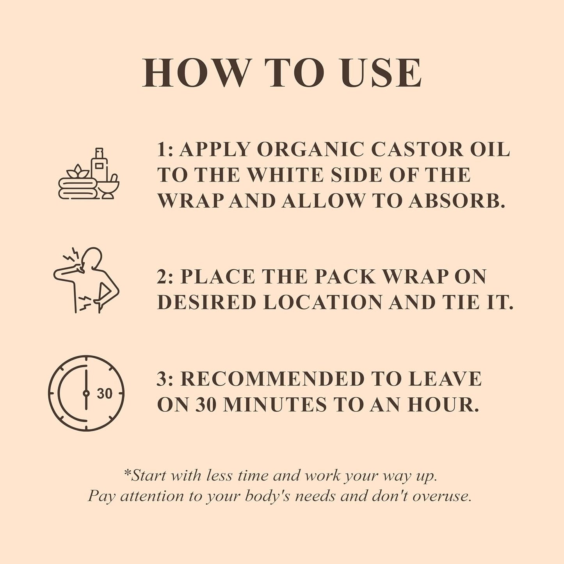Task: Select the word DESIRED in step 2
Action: [206, 302]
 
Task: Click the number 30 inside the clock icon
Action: [104, 393]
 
